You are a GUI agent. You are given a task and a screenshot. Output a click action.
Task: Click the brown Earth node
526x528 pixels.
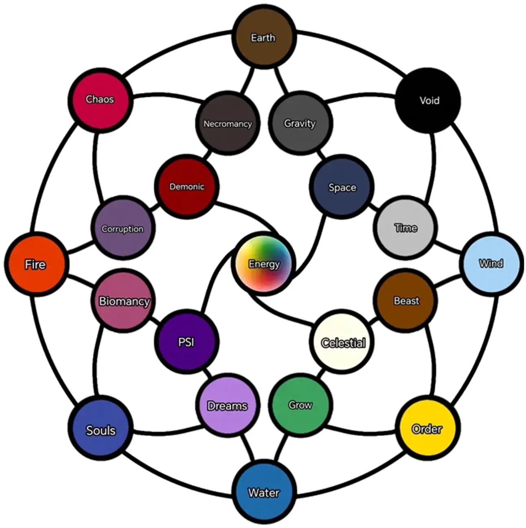tap(263, 37)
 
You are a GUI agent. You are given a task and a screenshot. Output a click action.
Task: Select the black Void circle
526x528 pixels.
tap(428, 100)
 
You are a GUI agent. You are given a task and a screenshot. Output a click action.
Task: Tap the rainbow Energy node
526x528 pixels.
tap(264, 263)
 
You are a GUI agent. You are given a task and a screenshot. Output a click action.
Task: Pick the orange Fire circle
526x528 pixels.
tap(35, 264)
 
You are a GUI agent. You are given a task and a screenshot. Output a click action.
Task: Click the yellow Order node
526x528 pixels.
tap(427, 429)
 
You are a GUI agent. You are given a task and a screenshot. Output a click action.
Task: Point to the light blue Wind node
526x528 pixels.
tap(491, 263)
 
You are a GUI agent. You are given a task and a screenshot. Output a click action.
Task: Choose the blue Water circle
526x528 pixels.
tap(264, 493)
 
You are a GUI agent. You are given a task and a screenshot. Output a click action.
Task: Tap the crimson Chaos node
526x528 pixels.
tap(100, 99)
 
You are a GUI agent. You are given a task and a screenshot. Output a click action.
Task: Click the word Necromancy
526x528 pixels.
tap(227, 124)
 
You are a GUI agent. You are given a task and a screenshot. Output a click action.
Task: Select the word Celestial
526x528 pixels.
tap(343, 343)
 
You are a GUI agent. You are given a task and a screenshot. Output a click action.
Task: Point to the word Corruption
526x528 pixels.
tap(123, 229)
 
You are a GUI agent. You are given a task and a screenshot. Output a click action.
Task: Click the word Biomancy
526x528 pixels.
tap(124, 301)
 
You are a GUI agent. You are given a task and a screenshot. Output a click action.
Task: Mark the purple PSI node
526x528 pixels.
tap(186, 342)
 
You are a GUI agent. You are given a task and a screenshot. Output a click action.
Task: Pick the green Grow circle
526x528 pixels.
tap(300, 405)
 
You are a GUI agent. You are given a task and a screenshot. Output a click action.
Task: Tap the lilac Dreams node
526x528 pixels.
tap(227, 406)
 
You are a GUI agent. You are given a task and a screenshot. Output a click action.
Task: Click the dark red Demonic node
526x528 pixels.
tap(186, 187)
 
